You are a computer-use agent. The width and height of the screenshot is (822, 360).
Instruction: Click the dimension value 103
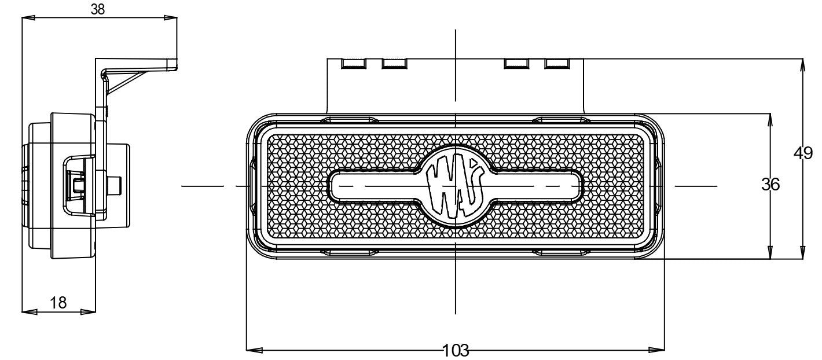click(x=455, y=350)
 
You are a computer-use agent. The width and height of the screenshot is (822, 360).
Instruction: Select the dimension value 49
click(x=802, y=153)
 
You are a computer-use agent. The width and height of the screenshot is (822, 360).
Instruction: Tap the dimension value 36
click(x=770, y=185)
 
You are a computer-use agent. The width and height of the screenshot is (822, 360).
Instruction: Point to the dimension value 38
click(x=98, y=9)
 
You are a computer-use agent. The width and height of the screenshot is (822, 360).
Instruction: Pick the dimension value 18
click(x=58, y=302)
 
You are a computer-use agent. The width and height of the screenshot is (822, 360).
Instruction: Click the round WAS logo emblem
click(x=456, y=186)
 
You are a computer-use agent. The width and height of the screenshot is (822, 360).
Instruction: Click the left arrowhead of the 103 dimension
click(x=254, y=350)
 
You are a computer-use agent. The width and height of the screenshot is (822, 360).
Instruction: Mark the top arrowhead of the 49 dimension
click(x=802, y=65)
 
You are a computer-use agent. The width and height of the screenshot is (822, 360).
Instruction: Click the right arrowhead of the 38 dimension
click(x=171, y=18)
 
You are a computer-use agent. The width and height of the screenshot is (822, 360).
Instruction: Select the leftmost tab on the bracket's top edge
click(x=353, y=63)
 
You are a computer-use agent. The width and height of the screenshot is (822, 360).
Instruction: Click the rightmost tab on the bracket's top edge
click(x=556, y=63)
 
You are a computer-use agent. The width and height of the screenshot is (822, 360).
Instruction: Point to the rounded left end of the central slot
click(x=335, y=186)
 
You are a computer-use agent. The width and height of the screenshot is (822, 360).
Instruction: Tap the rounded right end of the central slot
click(x=578, y=186)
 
